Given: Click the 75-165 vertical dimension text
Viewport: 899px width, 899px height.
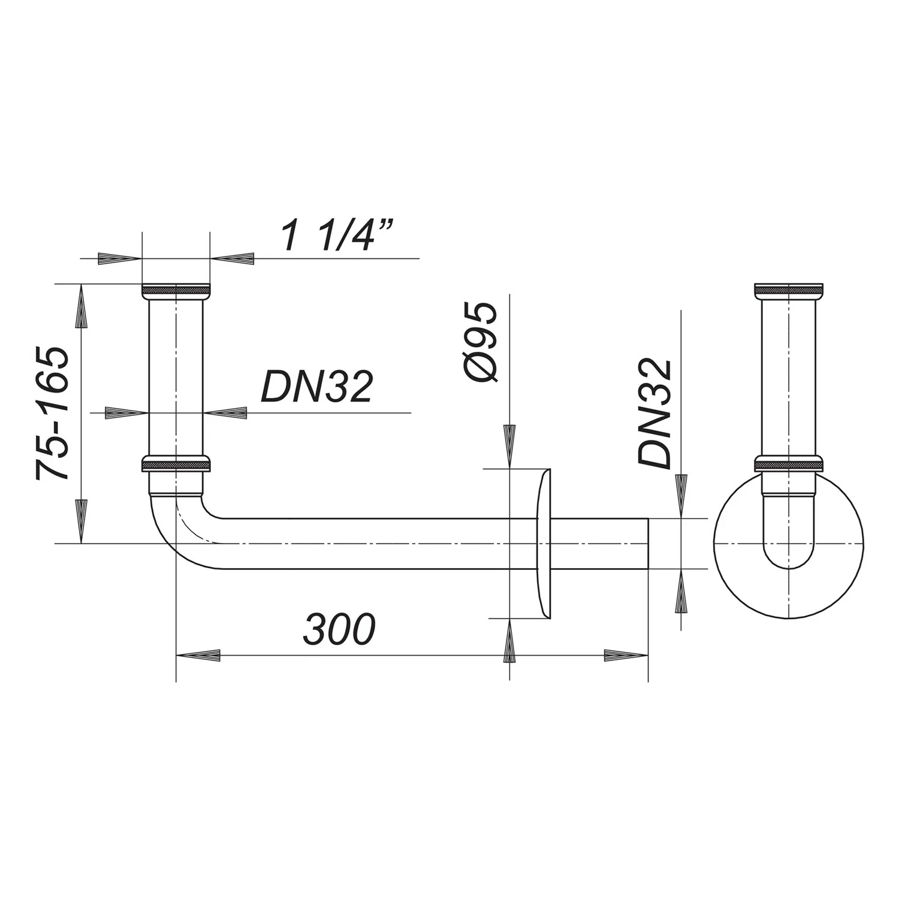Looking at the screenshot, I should [53, 414].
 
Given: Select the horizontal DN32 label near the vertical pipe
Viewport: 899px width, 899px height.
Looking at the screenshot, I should [316, 387].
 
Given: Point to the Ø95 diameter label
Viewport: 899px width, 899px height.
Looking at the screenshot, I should [480, 343].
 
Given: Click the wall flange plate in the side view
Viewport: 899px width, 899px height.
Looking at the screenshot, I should [544, 544].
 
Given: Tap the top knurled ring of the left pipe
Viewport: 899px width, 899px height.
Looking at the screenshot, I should [176, 290].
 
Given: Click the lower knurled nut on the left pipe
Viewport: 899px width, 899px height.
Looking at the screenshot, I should [176, 465].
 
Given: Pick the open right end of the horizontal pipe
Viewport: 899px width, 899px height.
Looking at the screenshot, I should [647, 544].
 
